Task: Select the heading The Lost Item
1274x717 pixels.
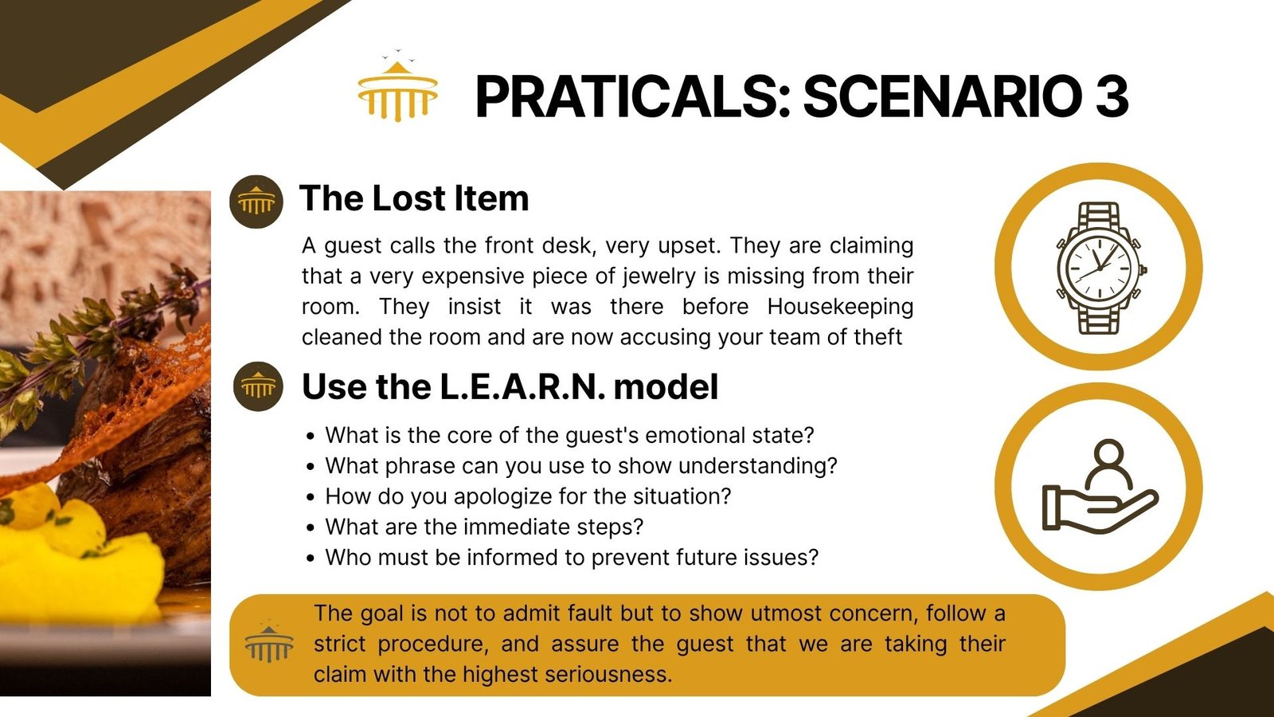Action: (414, 198)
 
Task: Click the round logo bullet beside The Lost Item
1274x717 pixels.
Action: (256, 202)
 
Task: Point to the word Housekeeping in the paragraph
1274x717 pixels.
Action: (840, 306)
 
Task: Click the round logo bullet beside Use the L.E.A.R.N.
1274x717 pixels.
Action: (258, 386)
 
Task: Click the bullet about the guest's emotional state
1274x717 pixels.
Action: (569, 435)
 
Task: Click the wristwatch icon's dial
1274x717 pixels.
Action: (1100, 268)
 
